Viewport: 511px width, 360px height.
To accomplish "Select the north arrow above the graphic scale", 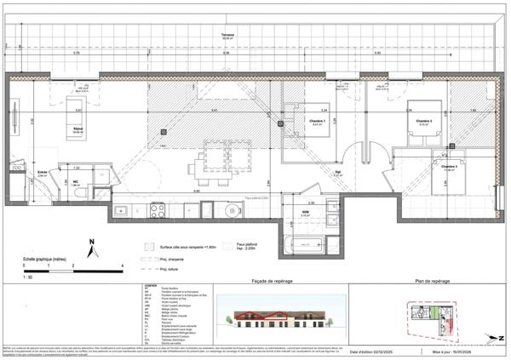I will pos(91,249).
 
